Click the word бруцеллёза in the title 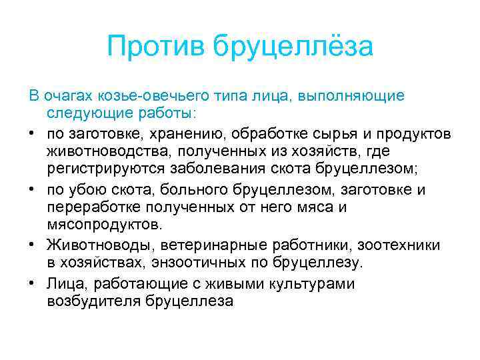[x=293, y=47]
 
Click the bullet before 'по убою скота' [x=33, y=189]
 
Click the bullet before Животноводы [x=33, y=245]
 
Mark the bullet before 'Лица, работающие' [x=33, y=283]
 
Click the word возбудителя [x=93, y=301]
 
